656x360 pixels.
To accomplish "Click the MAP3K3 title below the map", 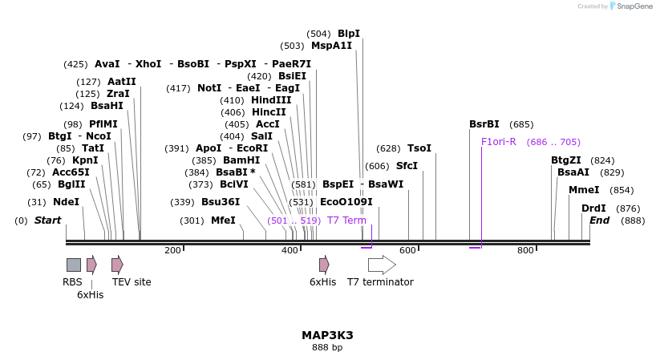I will click(327, 335).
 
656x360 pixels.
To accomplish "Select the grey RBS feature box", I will click(73, 265).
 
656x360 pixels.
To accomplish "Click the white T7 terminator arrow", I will click(382, 265).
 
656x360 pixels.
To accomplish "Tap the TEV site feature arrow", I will click(117, 265).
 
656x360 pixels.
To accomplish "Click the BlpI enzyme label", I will click(348, 34).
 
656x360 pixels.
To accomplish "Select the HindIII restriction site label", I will click(271, 100).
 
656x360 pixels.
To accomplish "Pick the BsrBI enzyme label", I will click(484, 124).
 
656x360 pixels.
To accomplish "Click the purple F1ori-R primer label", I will click(498, 142).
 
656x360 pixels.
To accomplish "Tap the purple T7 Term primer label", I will click(346, 220).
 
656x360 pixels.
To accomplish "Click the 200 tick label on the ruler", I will click(172, 251).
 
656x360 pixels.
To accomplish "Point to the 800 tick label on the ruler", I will click(525, 251).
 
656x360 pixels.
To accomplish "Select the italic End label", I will click(600, 220).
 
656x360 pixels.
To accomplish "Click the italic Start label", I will click(47, 220).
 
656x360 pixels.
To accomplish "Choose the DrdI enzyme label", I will click(593, 208).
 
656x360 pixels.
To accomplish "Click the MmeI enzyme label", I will click(583, 190).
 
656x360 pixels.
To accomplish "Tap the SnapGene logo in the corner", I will click(630, 6).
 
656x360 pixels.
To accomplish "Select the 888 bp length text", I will click(327, 348).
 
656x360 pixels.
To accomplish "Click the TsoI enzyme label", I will click(419, 148).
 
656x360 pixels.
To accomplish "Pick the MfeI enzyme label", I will click(223, 220).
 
